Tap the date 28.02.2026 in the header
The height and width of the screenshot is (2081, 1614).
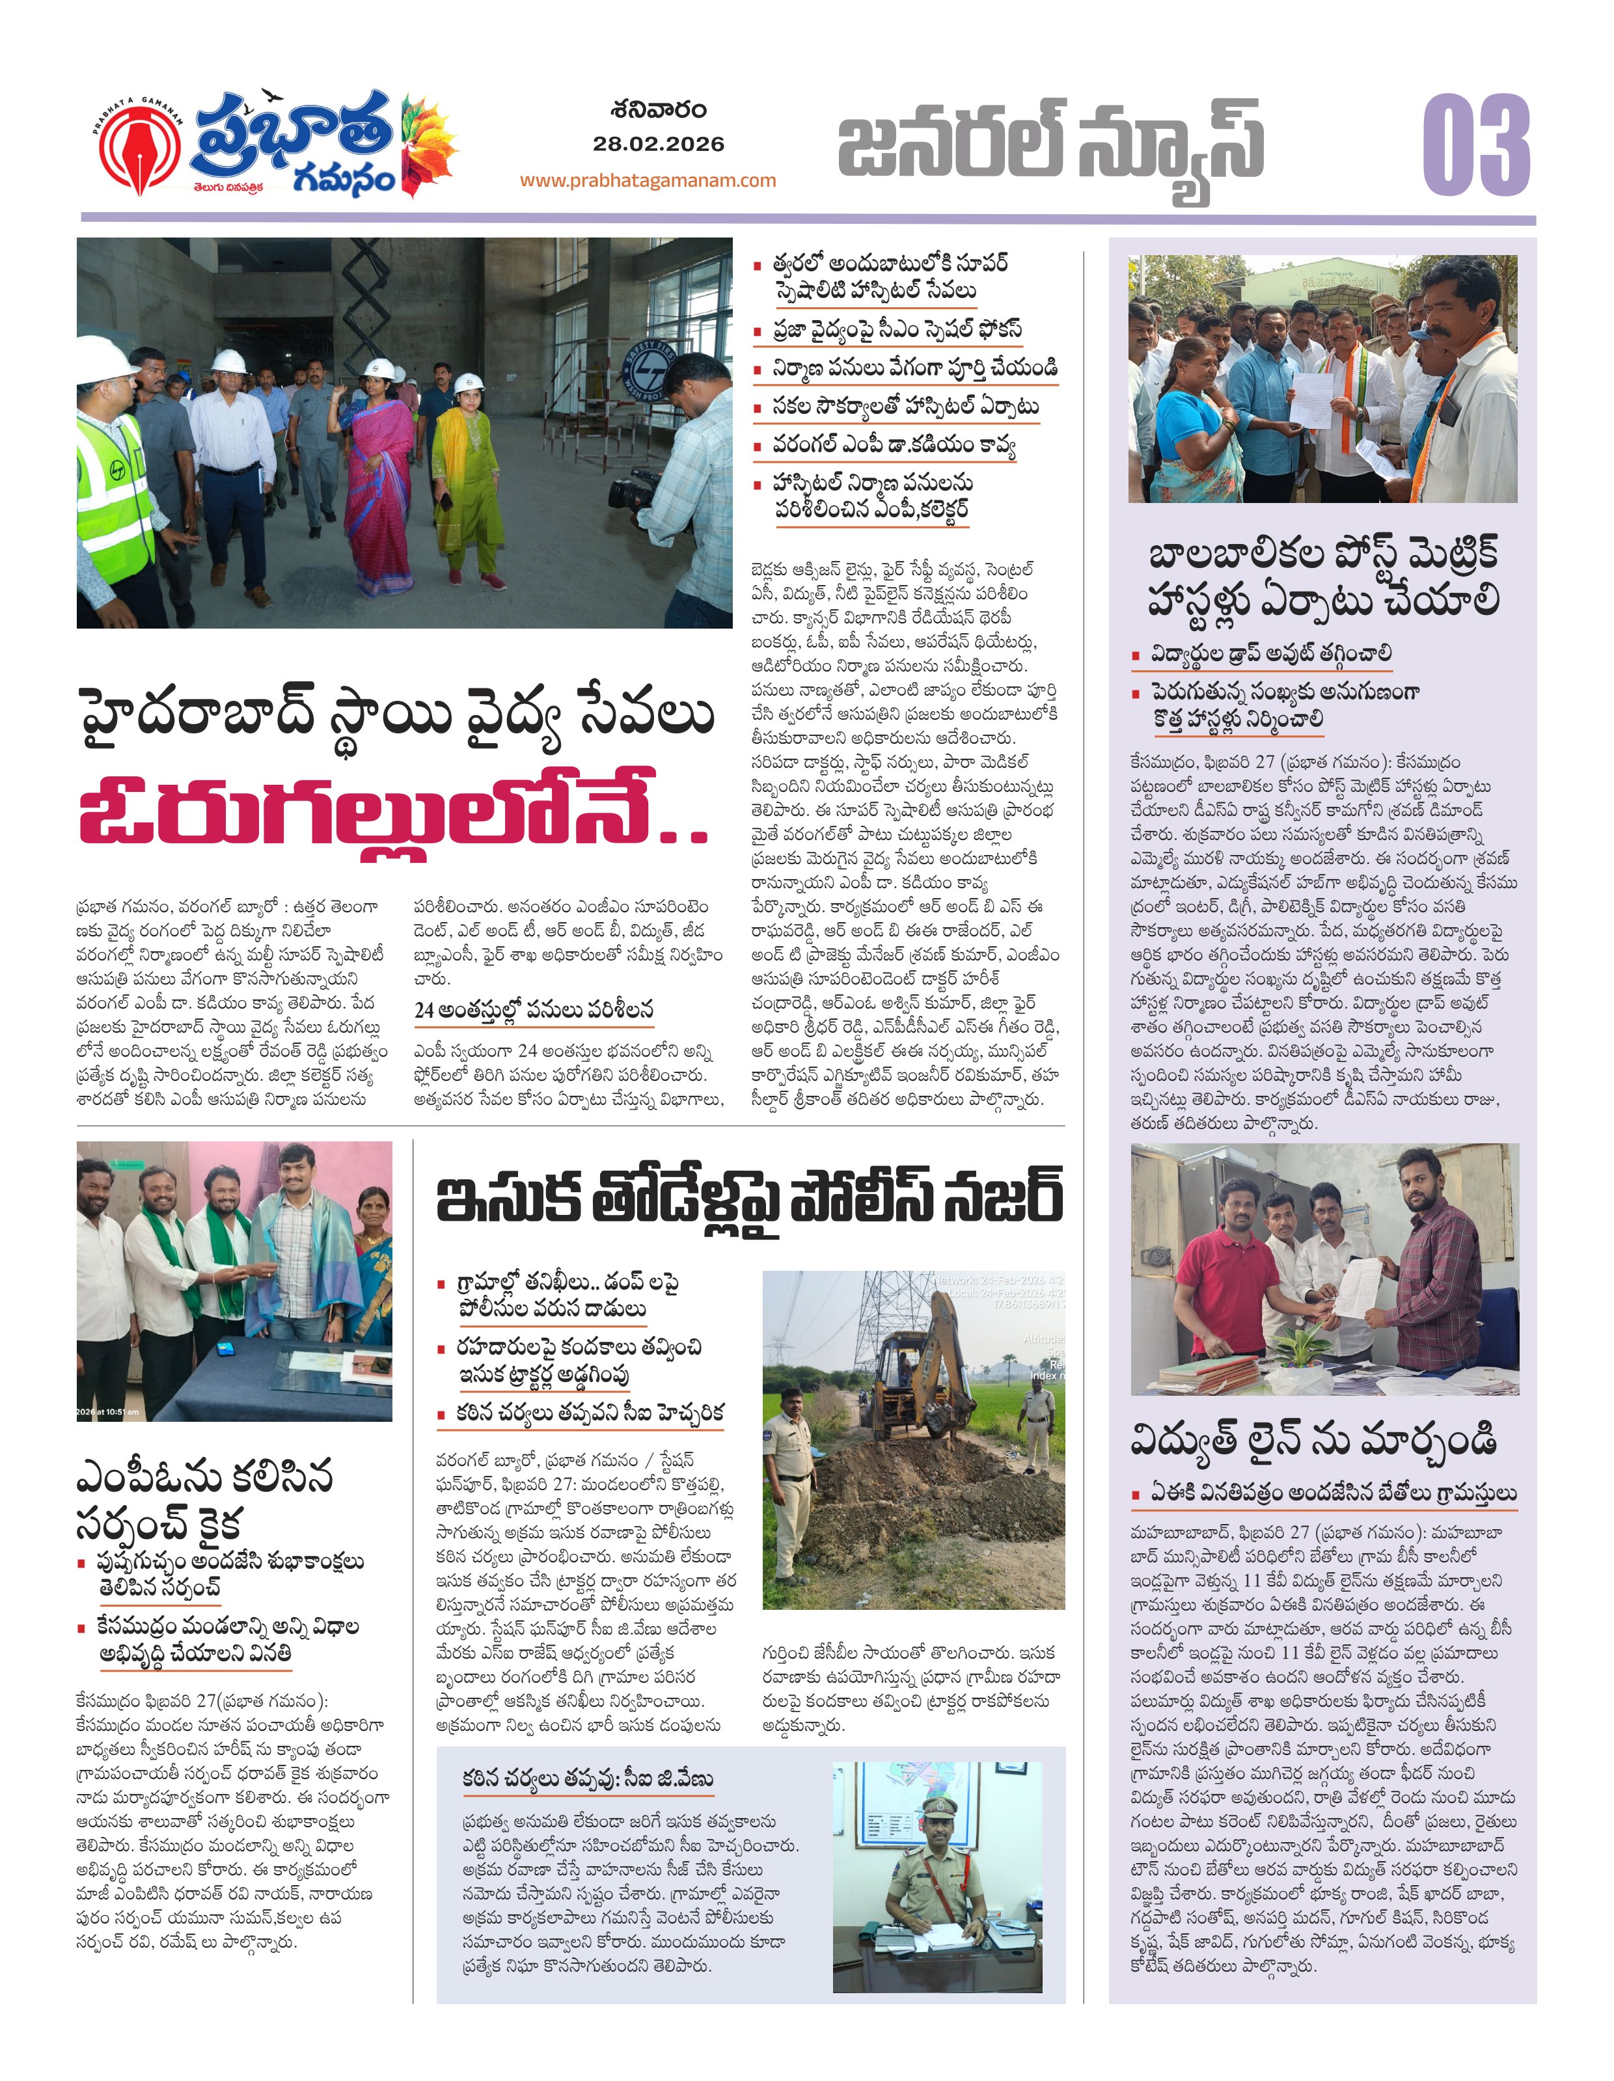[x=659, y=144]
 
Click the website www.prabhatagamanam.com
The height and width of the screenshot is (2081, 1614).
[x=648, y=180]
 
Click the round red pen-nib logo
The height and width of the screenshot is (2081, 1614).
[x=141, y=150]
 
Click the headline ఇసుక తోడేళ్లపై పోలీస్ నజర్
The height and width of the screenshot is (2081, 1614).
[x=749, y=1198]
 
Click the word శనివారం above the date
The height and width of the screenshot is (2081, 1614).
[x=659, y=109]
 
